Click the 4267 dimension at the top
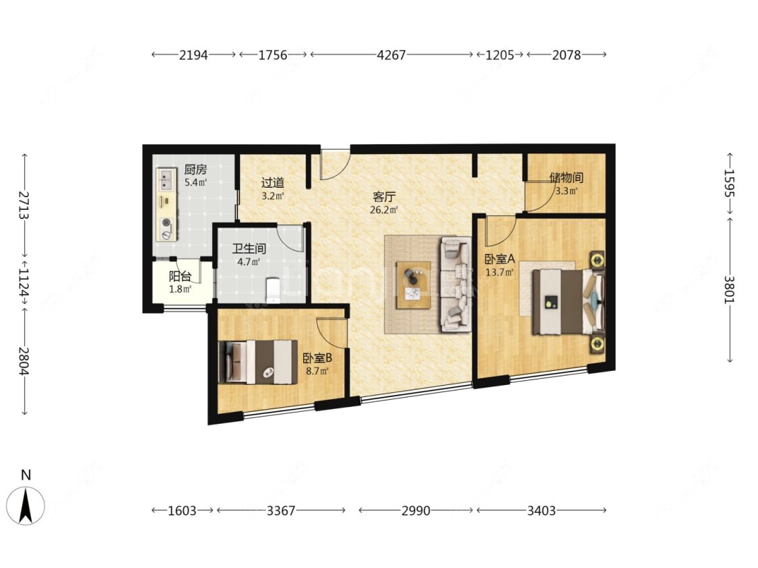(x=391, y=55)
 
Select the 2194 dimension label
(x=193, y=55)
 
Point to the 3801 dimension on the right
(x=729, y=289)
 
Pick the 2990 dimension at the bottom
(x=416, y=511)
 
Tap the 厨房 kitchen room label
(x=195, y=170)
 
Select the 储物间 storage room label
(x=566, y=177)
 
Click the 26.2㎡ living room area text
(x=384, y=209)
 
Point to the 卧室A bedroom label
(x=500, y=259)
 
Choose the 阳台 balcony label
(x=180, y=277)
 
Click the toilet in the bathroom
(x=274, y=290)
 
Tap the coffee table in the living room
(x=413, y=285)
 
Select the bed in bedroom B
(x=257, y=362)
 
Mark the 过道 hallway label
(x=273, y=182)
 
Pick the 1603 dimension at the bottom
(x=182, y=511)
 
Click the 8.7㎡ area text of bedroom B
(x=317, y=371)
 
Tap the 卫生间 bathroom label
(x=249, y=249)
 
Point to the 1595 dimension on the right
(x=729, y=183)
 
